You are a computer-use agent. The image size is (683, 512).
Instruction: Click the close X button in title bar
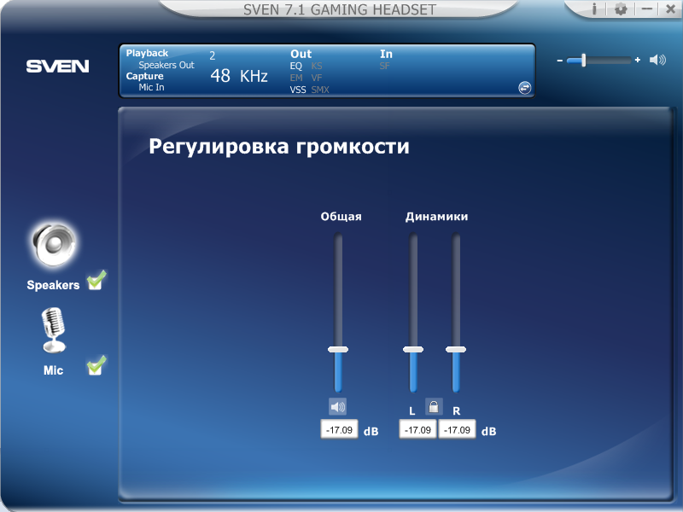(671, 9)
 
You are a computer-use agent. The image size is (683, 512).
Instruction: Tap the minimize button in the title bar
(647, 9)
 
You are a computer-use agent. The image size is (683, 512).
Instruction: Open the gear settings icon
(621, 9)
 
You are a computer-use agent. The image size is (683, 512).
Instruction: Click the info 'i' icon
(594, 9)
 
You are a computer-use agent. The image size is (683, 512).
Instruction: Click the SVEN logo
(57, 67)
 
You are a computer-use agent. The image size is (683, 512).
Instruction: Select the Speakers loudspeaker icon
(54, 245)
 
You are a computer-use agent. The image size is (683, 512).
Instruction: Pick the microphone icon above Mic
(54, 330)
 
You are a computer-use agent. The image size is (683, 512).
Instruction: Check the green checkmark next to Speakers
(96, 280)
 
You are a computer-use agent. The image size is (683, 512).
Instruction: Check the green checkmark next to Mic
(96, 365)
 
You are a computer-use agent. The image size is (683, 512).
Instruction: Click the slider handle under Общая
(338, 349)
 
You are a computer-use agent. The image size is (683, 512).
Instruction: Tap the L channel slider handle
(413, 349)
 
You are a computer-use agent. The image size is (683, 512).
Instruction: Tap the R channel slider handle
(456, 349)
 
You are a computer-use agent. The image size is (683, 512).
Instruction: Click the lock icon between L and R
(434, 407)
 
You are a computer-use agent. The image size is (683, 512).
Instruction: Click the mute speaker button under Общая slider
(337, 407)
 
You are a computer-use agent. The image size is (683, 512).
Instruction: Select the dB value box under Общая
(339, 430)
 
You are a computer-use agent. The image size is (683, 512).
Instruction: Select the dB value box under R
(457, 430)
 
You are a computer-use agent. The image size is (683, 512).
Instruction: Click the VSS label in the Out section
(298, 90)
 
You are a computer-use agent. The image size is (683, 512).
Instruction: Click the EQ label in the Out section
(295, 66)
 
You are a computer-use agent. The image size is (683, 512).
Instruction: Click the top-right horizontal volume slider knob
(583, 60)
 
